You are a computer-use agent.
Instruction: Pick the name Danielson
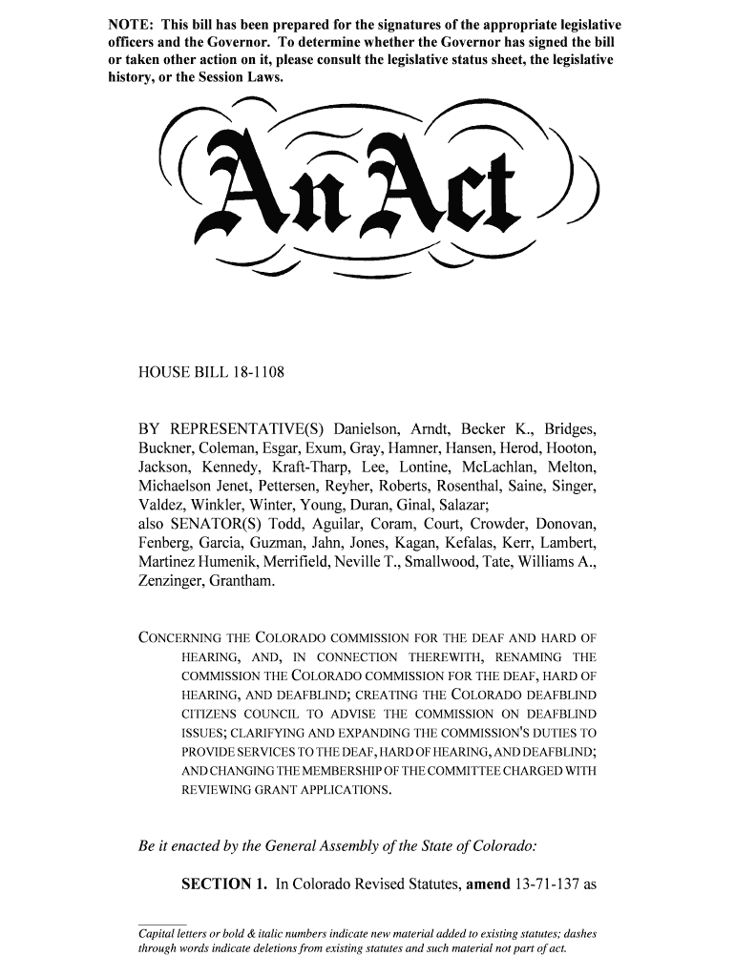tap(370, 428)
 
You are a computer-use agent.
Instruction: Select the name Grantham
tap(243, 581)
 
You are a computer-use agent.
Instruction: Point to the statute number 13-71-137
tap(544, 884)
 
